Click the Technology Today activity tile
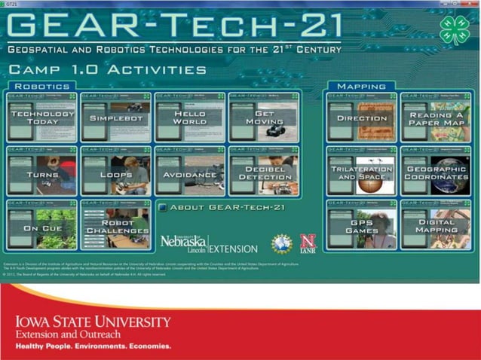(42, 117)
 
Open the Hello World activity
(189, 117)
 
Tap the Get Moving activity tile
(264, 117)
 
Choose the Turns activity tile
(42, 172)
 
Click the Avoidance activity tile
(189, 172)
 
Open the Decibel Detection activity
(264, 172)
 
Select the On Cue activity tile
(42, 225)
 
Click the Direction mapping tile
(362, 117)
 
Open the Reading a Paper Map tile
(436, 117)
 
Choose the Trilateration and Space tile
(362, 172)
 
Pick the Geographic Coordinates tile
(436, 172)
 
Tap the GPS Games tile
(362, 225)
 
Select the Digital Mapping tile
(436, 225)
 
